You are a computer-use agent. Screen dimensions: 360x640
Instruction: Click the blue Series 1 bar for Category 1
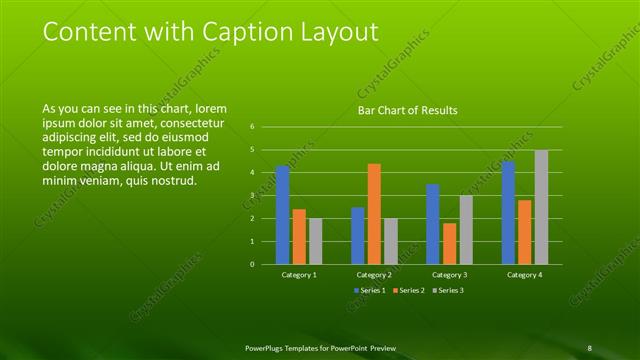[283, 215]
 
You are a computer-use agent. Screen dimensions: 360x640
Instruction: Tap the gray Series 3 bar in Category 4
[541, 207]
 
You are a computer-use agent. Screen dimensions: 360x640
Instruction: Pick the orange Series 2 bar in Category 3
[449, 243]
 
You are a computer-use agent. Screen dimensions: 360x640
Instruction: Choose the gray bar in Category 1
[315, 241]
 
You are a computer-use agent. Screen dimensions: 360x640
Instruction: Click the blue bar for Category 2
[358, 235]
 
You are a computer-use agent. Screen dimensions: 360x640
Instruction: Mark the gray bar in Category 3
[465, 229]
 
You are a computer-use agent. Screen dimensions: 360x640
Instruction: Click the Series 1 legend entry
[370, 290]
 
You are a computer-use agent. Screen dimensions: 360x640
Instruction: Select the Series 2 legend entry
[410, 290]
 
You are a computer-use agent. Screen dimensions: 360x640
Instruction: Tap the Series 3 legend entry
[449, 290]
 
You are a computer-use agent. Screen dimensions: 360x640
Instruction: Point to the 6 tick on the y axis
[253, 127]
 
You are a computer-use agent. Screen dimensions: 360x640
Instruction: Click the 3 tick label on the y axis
[253, 196]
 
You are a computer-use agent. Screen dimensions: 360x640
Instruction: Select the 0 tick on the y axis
[253, 265]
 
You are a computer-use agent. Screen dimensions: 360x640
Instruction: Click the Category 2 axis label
[374, 274]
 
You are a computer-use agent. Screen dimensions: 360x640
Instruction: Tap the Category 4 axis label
[524, 274]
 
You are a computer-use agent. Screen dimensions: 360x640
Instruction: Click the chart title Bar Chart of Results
[408, 110]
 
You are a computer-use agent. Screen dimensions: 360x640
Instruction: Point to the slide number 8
[589, 347]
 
